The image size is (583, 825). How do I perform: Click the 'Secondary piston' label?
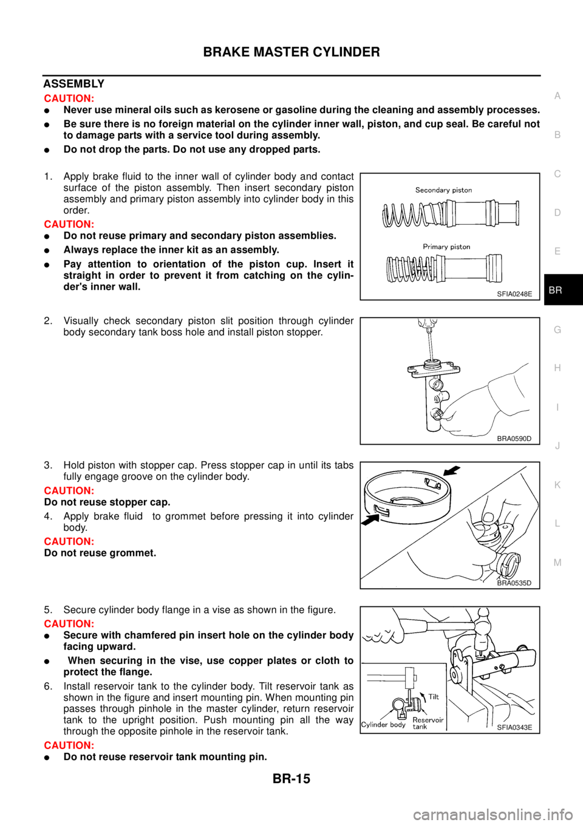click(443, 190)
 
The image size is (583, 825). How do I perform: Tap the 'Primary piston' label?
click(446, 247)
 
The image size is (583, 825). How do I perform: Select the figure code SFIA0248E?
click(514, 294)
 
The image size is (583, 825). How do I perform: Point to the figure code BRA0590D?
click(514, 438)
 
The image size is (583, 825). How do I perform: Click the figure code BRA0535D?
click(514, 583)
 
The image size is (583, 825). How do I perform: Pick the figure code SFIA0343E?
click(514, 727)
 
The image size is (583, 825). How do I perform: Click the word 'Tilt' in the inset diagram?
click(433, 697)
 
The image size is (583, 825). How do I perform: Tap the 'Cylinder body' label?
click(383, 725)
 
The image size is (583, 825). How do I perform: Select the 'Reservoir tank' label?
click(428, 723)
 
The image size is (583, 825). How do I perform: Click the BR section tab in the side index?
click(556, 290)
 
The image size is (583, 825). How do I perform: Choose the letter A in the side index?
click(557, 96)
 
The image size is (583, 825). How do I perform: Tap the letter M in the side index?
click(557, 563)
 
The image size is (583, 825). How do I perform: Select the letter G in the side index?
click(557, 329)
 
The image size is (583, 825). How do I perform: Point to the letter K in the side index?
click(557, 485)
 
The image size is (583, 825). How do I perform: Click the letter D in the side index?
click(557, 213)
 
